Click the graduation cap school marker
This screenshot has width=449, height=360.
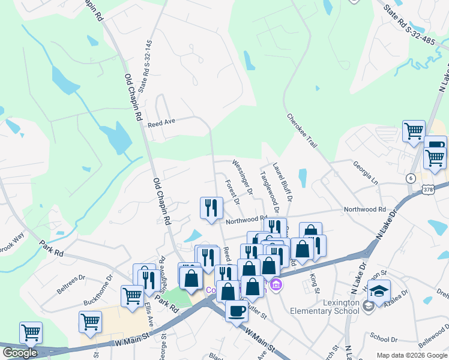click(379, 292)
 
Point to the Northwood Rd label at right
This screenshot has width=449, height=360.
click(364, 209)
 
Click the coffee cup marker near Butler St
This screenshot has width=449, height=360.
click(237, 310)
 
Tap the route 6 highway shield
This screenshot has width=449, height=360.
click(410, 178)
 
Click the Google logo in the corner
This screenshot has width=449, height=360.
click(20, 353)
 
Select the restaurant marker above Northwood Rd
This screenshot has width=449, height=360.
click(211, 208)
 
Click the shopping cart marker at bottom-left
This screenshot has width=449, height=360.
click(30, 332)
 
